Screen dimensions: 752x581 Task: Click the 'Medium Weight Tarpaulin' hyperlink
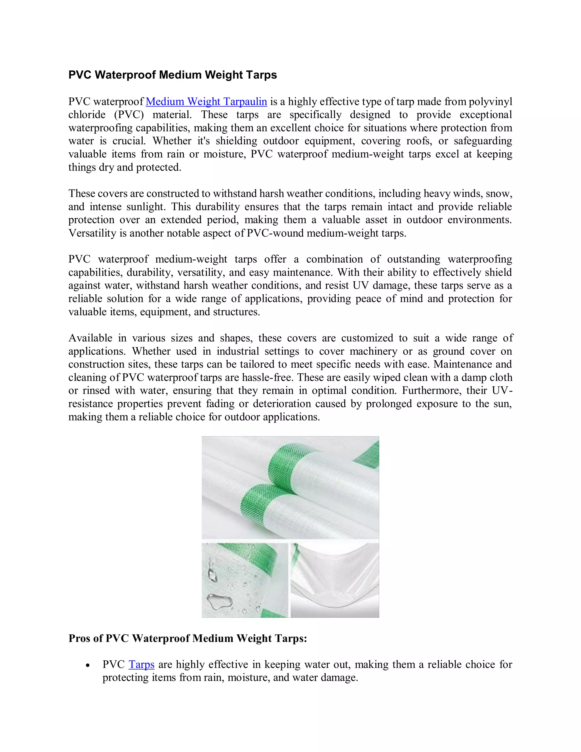click(x=206, y=102)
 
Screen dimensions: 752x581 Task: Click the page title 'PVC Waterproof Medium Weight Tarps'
click(x=172, y=75)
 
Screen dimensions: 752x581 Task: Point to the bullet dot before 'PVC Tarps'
click(x=88, y=665)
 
